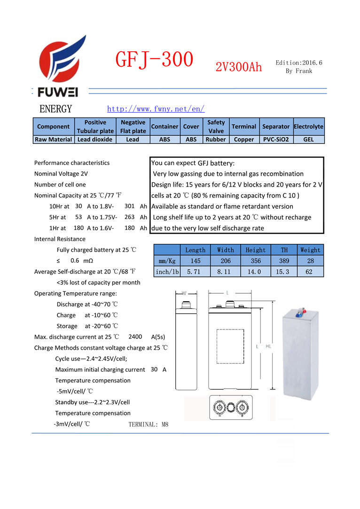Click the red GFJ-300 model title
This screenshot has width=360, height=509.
click(154, 60)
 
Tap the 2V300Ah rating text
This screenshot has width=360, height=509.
click(238, 67)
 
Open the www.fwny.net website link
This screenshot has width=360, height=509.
click(156, 109)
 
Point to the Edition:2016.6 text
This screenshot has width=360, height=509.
click(299, 63)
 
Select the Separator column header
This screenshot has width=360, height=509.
click(275, 126)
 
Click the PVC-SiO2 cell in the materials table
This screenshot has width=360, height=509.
click(275, 140)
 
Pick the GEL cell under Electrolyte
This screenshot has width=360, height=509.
click(308, 140)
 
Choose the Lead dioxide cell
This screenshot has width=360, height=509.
click(95, 140)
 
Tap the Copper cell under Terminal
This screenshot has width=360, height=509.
click(243, 140)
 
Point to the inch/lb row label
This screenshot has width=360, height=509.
click(167, 272)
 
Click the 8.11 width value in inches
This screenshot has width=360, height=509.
click(226, 272)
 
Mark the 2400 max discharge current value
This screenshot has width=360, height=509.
click(135, 337)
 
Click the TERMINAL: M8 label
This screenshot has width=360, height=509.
click(148, 424)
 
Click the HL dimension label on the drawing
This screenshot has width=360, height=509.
click(268, 346)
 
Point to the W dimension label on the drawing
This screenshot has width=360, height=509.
click(184, 293)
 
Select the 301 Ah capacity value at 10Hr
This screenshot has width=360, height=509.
click(130, 206)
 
